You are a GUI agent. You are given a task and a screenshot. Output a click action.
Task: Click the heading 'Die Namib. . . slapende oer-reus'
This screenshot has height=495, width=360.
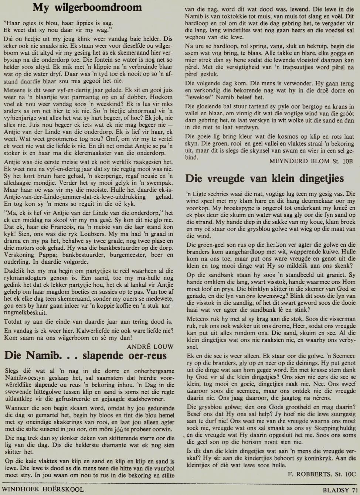(85, 355)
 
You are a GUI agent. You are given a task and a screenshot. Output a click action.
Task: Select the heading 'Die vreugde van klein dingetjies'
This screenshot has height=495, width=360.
(264, 178)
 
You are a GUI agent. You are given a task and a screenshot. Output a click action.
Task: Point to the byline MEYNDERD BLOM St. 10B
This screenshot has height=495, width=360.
(311, 161)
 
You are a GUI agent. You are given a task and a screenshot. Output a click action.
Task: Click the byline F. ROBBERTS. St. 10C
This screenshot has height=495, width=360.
(321, 474)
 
